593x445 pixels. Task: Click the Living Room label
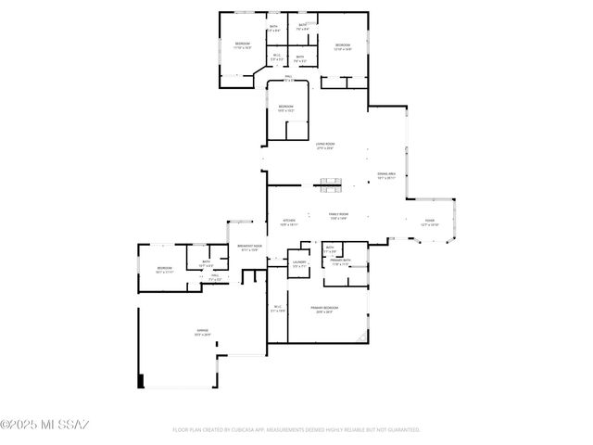pos(324,146)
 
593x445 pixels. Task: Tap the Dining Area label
pos(386,176)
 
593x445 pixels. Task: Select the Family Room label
pos(337,216)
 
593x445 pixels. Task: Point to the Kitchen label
pos(289,222)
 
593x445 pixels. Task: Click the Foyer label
pos(429,222)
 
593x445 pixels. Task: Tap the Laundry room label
pos(299,264)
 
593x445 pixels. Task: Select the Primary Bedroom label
pos(324,309)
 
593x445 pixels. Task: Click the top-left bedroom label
pos(243,45)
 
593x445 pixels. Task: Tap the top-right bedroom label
pos(343,46)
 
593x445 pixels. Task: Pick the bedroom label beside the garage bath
pos(165,271)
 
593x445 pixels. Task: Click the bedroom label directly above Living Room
pos(286,108)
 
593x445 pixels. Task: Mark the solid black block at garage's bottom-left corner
pos(141,380)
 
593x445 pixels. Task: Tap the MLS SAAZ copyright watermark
pos(44,426)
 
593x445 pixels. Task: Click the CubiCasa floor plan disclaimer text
pos(296,429)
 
